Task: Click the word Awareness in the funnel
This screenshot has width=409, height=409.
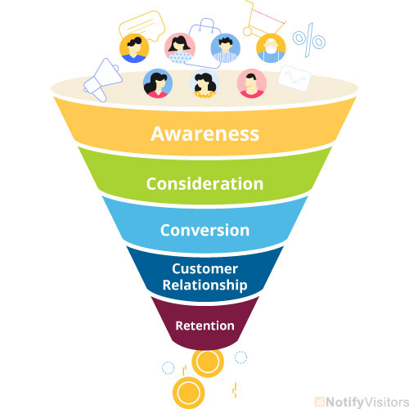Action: (204, 133)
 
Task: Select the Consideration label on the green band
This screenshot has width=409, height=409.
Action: (204, 183)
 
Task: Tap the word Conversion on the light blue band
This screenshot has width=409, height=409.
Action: (204, 230)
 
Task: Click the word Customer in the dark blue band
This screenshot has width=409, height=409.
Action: (204, 269)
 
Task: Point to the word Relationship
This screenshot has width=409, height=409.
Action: (204, 285)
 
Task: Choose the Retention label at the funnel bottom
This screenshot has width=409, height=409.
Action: (204, 326)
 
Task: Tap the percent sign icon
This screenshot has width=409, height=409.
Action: (309, 41)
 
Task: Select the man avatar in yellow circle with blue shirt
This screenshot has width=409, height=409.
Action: (133, 47)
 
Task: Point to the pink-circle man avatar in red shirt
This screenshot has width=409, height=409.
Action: (250, 83)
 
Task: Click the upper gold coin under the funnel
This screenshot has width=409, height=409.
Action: (208, 361)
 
